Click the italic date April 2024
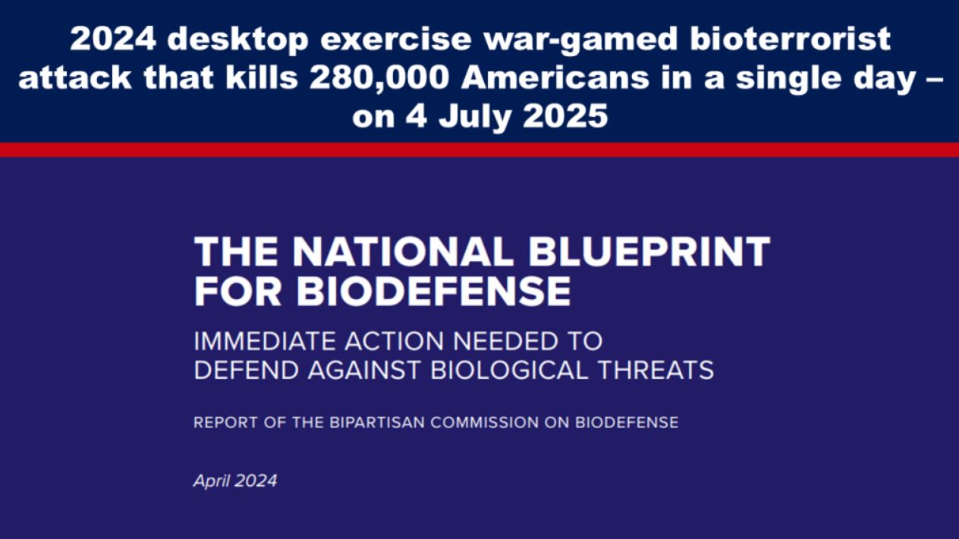click(x=235, y=481)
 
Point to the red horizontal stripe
click(x=480, y=150)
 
